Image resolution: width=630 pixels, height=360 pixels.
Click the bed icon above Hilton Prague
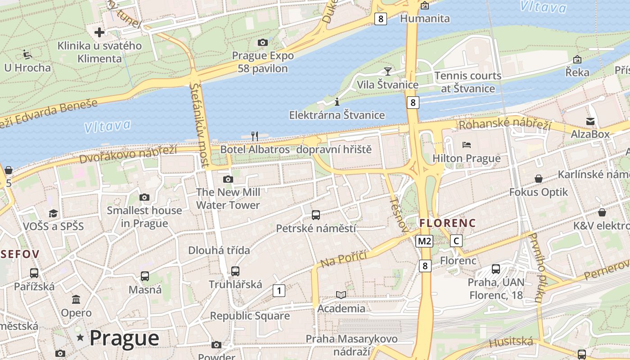[467, 145]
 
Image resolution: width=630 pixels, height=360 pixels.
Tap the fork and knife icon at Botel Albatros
[255, 136]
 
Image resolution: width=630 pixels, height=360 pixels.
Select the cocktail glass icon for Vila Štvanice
[387, 71]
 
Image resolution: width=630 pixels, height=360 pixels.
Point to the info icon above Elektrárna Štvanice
[337, 102]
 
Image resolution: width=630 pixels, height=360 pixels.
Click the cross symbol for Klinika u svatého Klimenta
[99, 32]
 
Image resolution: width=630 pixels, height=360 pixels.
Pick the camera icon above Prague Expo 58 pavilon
[263, 42]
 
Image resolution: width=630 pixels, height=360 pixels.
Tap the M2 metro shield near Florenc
[424, 241]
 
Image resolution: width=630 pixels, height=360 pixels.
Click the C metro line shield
[456, 241]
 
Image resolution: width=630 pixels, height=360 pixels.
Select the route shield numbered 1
[279, 291]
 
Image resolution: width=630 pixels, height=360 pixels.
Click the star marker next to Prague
[80, 337]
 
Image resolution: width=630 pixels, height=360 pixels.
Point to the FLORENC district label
[447, 223]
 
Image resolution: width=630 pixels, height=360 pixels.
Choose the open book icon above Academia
[342, 295]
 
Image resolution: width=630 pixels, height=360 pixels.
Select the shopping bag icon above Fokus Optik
[538, 179]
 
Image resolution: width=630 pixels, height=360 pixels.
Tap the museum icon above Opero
[76, 299]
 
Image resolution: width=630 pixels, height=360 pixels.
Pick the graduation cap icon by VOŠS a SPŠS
[54, 213]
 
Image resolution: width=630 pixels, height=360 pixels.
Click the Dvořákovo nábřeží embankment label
[128, 153]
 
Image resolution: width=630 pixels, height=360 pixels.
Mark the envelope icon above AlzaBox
[590, 121]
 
